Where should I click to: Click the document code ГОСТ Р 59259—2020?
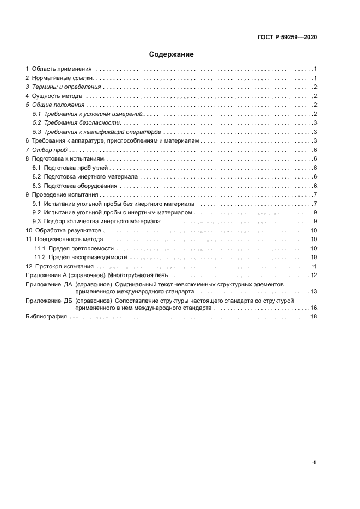tap(287, 37)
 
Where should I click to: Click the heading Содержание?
tap(171, 54)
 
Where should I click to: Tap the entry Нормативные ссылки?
tap(63, 78)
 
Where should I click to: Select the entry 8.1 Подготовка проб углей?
tap(71, 168)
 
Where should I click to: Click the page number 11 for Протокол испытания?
tap(314, 266)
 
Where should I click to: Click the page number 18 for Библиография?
tap(314, 317)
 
